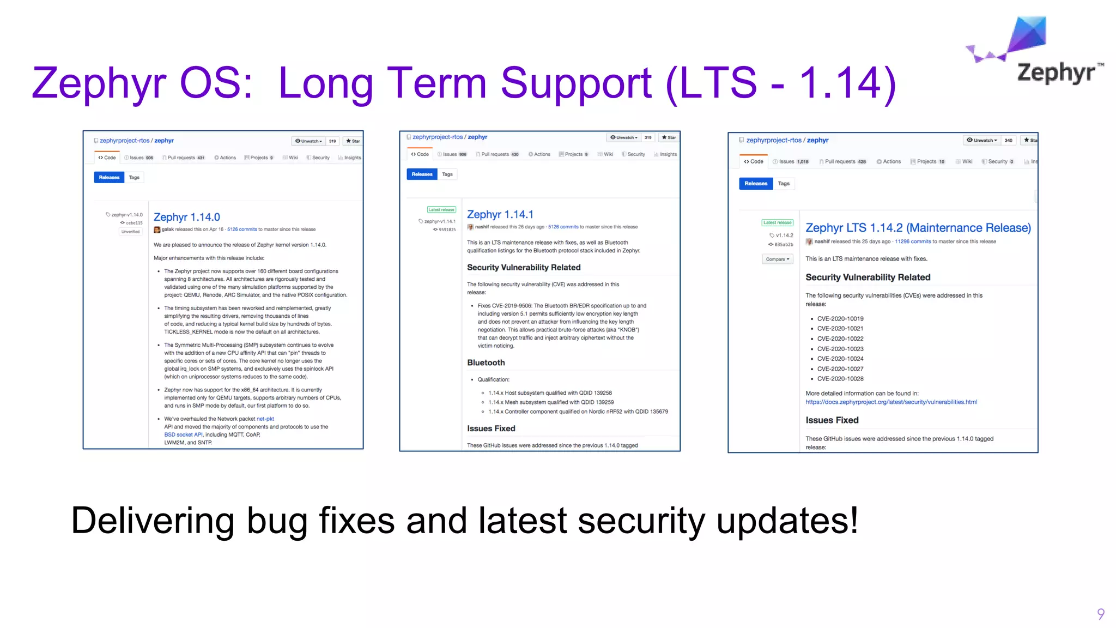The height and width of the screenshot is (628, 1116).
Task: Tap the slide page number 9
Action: (x=1101, y=614)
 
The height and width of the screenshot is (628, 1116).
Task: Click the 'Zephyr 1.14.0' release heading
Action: (x=187, y=217)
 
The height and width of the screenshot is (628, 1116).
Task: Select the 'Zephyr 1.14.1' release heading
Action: (x=500, y=214)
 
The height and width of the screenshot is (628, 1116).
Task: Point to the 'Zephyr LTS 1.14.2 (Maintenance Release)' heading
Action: (x=918, y=228)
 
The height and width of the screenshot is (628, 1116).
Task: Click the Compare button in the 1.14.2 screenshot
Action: (x=777, y=259)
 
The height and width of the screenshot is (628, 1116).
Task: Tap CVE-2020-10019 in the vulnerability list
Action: (x=840, y=319)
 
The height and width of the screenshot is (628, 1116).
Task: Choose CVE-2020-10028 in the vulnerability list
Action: (x=840, y=379)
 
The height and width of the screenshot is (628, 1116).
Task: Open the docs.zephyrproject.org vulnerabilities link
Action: (x=891, y=402)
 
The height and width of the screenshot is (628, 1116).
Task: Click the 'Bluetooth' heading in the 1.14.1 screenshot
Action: (x=486, y=363)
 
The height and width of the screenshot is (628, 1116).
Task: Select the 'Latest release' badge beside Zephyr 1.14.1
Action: (x=441, y=209)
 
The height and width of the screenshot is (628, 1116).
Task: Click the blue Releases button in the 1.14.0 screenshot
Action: (x=109, y=177)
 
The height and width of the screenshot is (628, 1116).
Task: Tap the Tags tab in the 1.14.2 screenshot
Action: (x=784, y=184)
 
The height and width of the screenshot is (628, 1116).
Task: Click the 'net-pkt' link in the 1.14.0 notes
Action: (x=265, y=419)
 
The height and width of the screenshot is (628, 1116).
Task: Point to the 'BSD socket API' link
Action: (x=183, y=434)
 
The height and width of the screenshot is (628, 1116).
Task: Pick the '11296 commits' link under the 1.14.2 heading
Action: (x=913, y=241)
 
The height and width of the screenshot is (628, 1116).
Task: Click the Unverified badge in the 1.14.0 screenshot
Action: (x=131, y=232)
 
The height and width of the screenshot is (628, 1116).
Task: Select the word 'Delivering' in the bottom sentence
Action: (x=153, y=521)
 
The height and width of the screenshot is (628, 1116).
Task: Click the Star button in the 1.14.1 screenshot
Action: (x=669, y=137)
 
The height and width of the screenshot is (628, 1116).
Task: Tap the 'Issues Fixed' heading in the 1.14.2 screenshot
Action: (x=832, y=420)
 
